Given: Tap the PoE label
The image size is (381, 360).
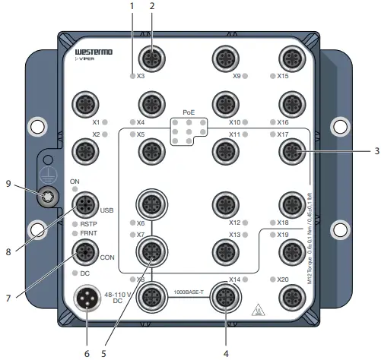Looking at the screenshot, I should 189,111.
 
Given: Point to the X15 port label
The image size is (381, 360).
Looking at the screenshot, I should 284,76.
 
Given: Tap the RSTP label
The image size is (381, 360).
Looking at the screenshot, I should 90,225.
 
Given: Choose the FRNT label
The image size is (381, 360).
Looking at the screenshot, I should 90,234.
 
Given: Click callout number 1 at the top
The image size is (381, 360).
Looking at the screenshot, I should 132,6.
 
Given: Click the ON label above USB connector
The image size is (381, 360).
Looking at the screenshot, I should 75,181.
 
